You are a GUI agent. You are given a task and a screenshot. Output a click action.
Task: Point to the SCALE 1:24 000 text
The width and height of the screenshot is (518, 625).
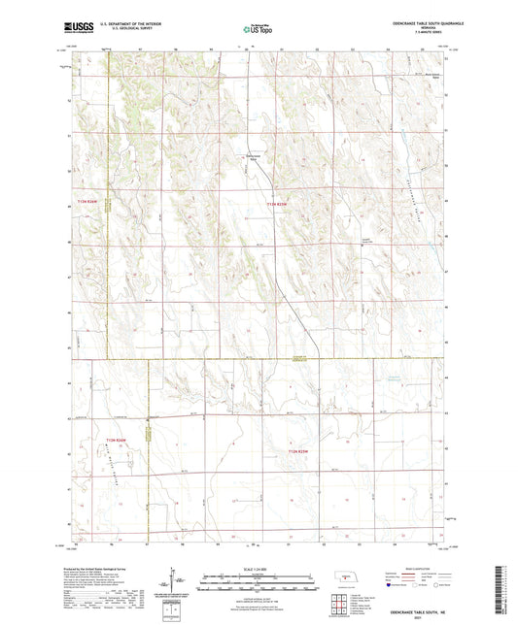tap(259, 569)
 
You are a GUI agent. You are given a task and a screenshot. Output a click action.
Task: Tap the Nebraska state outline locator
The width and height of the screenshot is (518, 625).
tap(344, 576)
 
